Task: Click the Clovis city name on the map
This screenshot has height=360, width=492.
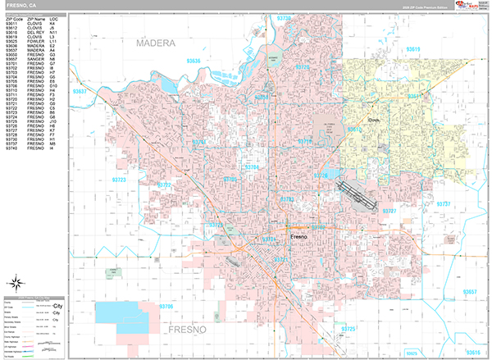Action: pyautogui.click(x=353, y=118)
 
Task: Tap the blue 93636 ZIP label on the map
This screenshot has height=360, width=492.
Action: pyautogui.click(x=194, y=61)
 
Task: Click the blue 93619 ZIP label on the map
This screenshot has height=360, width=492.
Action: pyautogui.click(x=412, y=49)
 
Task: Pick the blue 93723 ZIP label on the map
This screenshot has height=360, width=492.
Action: pyautogui.click(x=120, y=179)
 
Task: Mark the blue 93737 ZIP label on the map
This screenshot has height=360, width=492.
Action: pyautogui.click(x=443, y=203)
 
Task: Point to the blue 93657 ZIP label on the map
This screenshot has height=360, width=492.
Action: pyautogui.click(x=469, y=292)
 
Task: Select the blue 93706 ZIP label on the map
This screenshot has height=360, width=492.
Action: pyautogui.click(x=166, y=307)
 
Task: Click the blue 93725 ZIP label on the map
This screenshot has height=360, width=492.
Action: pyautogui.click(x=348, y=329)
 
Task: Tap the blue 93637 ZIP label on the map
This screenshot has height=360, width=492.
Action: pyautogui.click(x=80, y=93)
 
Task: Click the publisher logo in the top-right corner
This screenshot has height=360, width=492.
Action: pyautogui.click(x=471, y=6)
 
